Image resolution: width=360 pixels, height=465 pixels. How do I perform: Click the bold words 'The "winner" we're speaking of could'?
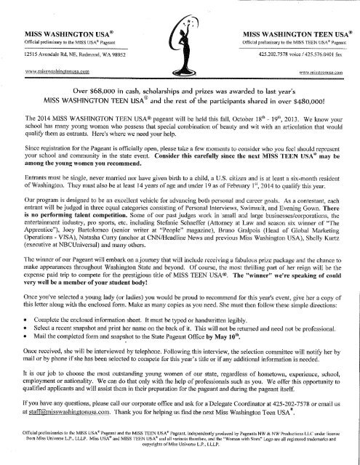tap(284, 304)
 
